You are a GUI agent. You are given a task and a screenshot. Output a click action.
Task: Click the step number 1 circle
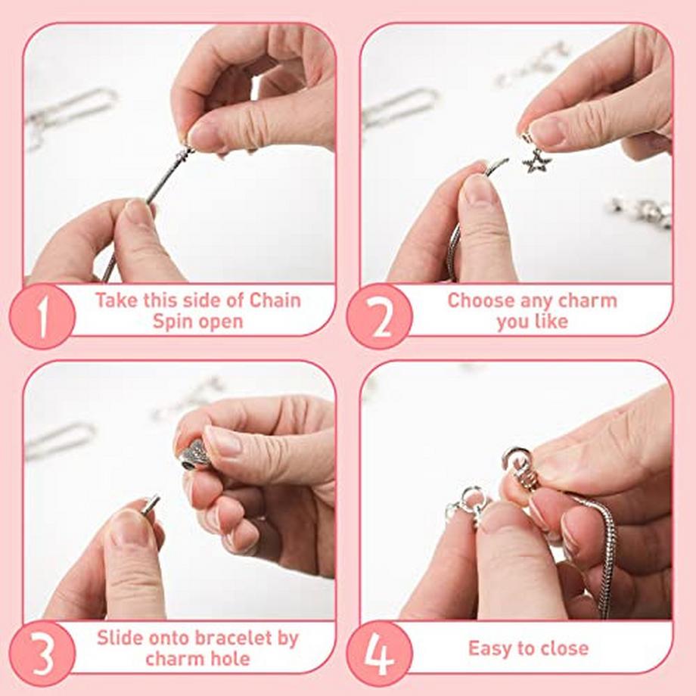[x=42, y=316]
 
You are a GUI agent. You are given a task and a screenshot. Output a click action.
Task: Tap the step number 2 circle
[x=380, y=316]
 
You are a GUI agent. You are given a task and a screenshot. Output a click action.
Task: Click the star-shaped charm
[x=536, y=161]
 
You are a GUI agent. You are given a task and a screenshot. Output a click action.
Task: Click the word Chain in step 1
[x=274, y=300]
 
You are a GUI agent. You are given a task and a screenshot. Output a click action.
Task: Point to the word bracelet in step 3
[x=217, y=638]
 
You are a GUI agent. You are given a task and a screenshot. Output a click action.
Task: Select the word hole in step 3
[x=231, y=659]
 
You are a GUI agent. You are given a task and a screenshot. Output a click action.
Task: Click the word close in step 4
[x=562, y=648]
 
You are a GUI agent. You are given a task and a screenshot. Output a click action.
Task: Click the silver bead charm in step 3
[x=194, y=455]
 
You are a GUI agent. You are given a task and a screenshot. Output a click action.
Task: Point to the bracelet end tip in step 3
[x=151, y=503]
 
